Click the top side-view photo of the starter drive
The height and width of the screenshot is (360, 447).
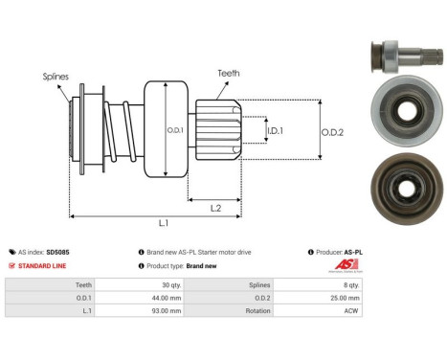pos(402,56)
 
